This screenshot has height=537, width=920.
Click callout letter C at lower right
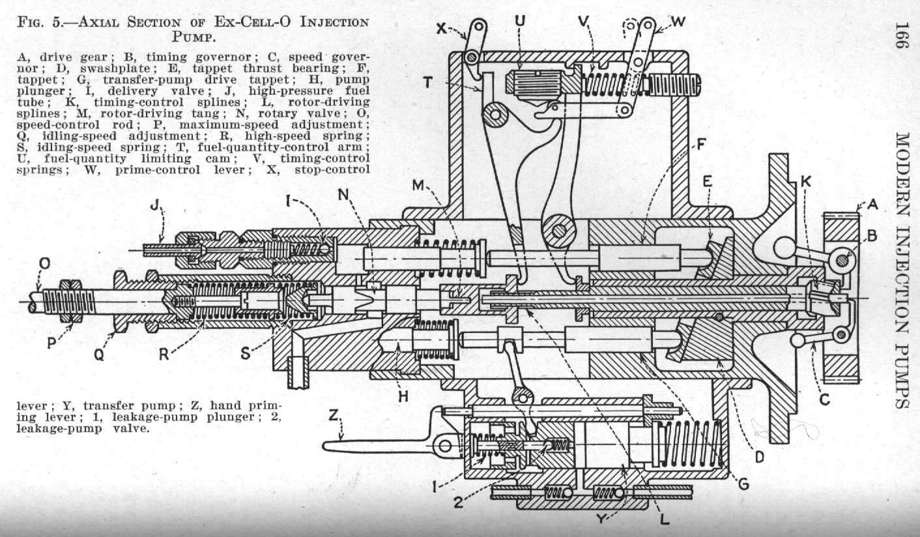[826, 400]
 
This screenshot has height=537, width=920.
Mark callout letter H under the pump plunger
[403, 395]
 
